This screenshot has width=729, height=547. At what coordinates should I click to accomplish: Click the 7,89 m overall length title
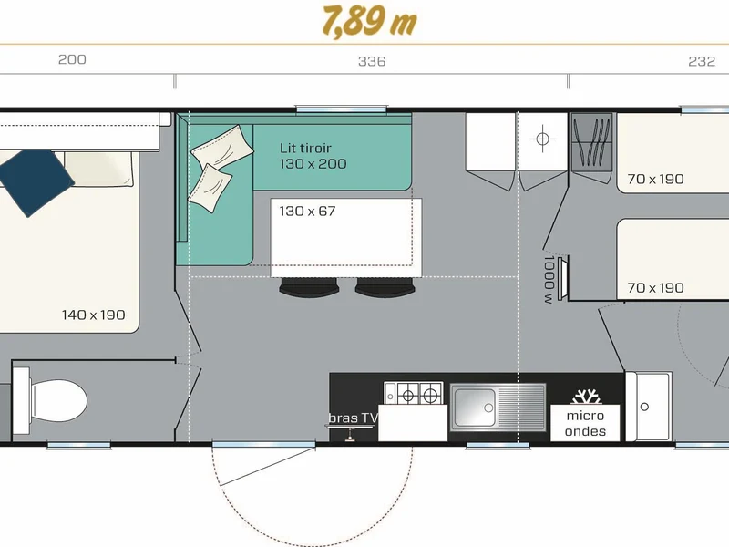pyautogui.click(x=370, y=21)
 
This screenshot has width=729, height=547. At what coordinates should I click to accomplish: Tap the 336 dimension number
pyautogui.click(x=372, y=61)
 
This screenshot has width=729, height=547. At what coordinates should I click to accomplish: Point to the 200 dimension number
pyautogui.click(x=72, y=59)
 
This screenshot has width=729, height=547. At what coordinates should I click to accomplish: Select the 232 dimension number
pyautogui.click(x=702, y=61)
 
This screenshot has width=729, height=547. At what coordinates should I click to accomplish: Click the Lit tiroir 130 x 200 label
pyautogui.click(x=313, y=156)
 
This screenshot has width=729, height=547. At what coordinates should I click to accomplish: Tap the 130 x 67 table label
pyautogui.click(x=307, y=212)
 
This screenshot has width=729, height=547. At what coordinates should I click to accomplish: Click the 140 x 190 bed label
pyautogui.click(x=94, y=315)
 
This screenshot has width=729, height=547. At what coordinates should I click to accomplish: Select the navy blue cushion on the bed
pyautogui.click(x=35, y=181)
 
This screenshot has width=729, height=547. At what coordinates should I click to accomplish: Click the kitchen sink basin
pyautogui.click(x=475, y=408)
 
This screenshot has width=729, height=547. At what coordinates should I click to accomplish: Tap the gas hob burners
pyautogui.click(x=418, y=396)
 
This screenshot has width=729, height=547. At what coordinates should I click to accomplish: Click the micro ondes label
pyautogui.click(x=585, y=423)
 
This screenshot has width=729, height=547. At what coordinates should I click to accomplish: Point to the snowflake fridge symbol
pyautogui.click(x=585, y=397)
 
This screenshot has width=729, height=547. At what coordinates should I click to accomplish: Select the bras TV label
pyautogui.click(x=354, y=418)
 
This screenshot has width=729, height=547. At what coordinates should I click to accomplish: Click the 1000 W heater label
pyautogui.click(x=549, y=280)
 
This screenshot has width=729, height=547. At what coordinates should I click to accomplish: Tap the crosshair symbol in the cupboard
pyautogui.click(x=542, y=139)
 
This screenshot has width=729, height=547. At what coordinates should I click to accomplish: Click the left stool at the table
pyautogui.click(x=309, y=286)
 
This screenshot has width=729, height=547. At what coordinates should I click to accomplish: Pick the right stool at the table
pyautogui.click(x=385, y=286)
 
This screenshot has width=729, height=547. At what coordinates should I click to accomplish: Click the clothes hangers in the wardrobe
pyautogui.click(x=591, y=142)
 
